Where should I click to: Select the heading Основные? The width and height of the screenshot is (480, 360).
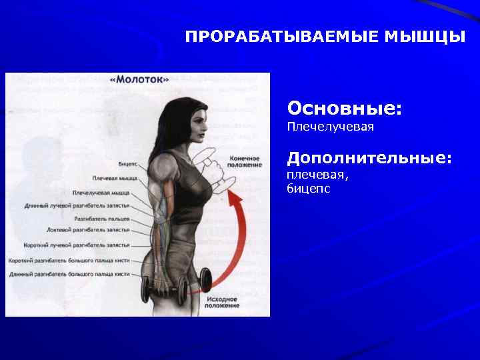point(344,107)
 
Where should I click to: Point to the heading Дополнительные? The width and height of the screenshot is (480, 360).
point(369,158)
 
